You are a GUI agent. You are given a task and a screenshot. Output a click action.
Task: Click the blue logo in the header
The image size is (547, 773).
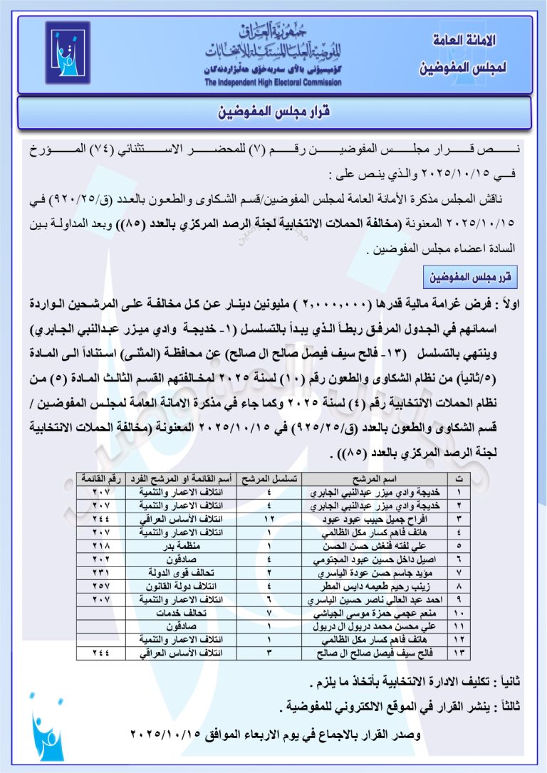point(68,53)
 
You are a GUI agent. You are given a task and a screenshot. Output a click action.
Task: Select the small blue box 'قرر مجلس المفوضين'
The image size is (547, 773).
point(470,275)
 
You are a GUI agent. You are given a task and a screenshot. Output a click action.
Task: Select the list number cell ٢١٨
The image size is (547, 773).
point(101,545)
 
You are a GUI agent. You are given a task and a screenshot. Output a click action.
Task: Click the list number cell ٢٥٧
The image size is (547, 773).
point(101,585)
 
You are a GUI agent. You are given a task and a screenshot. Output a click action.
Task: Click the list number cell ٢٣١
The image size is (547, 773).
point(101,572)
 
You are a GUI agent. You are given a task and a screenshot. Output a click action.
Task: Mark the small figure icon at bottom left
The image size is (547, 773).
point(46,736)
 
